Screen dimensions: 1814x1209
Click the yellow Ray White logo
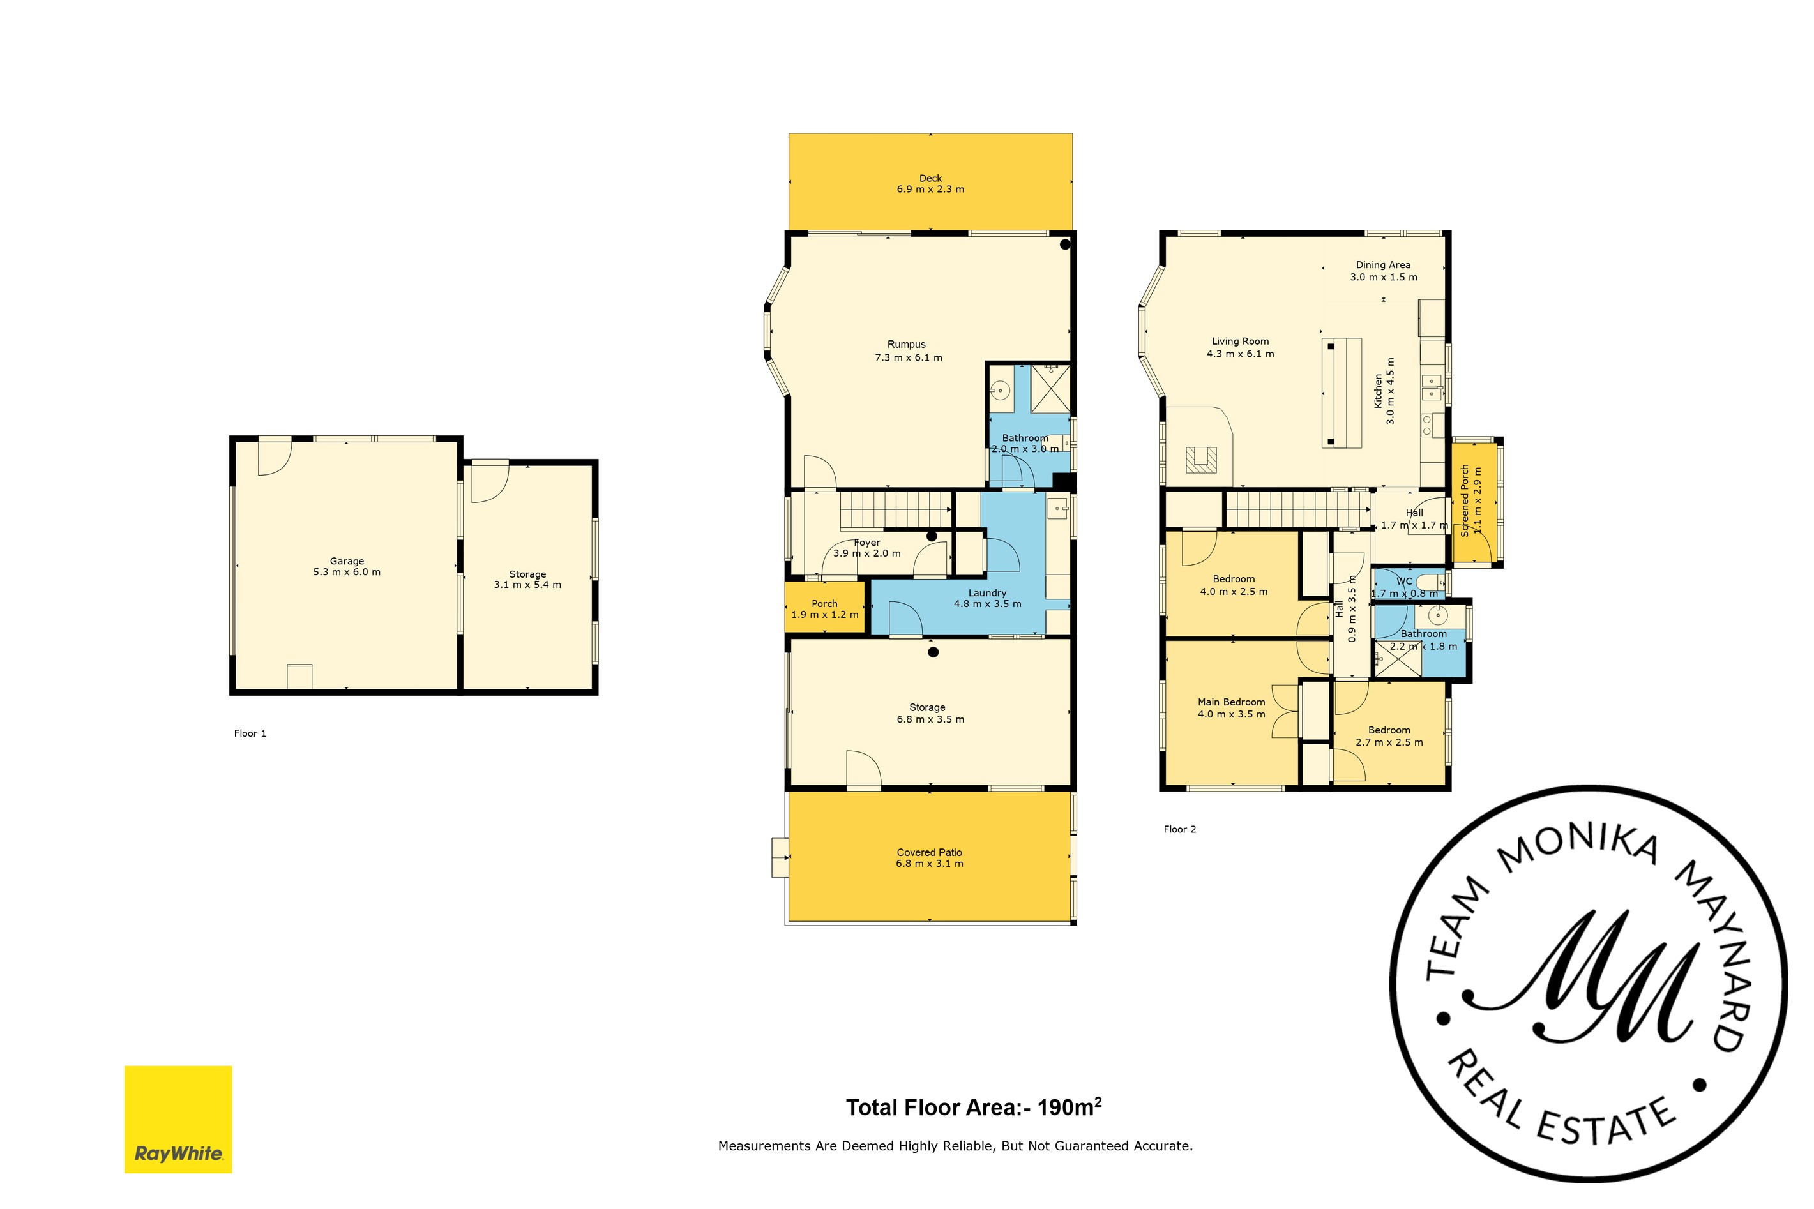pyautogui.click(x=178, y=1120)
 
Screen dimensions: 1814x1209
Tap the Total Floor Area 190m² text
pyautogui.click(x=973, y=1108)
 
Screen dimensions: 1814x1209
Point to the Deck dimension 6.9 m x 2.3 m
pyautogui.click(x=930, y=189)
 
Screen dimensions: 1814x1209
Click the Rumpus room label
pyautogui.click(x=906, y=345)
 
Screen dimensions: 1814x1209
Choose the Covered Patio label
pyautogui.click(x=930, y=852)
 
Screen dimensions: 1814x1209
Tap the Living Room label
pyautogui.click(x=1240, y=341)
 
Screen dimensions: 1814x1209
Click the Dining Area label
pyautogui.click(x=1384, y=264)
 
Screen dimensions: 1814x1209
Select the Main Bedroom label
pyautogui.click(x=1232, y=702)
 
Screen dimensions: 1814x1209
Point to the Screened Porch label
pyautogui.click(x=1465, y=500)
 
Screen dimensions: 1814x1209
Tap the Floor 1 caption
pyautogui.click(x=250, y=733)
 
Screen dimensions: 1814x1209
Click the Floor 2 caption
pyautogui.click(x=1180, y=829)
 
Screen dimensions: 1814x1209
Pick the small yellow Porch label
pyautogui.click(x=824, y=604)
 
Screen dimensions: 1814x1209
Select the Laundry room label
pyautogui.click(x=987, y=593)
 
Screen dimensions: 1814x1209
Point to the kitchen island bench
pyautogui.click(x=1342, y=393)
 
